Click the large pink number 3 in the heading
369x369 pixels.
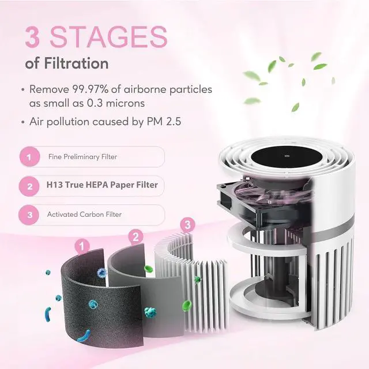tap(33, 36)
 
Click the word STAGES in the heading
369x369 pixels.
tap(108, 36)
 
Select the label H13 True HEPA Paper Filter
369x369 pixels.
tap(101, 186)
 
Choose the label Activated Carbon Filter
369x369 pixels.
tap(84, 214)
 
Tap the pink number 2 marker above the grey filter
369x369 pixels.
tap(135, 236)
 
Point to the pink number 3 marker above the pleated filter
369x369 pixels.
tap(187, 224)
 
